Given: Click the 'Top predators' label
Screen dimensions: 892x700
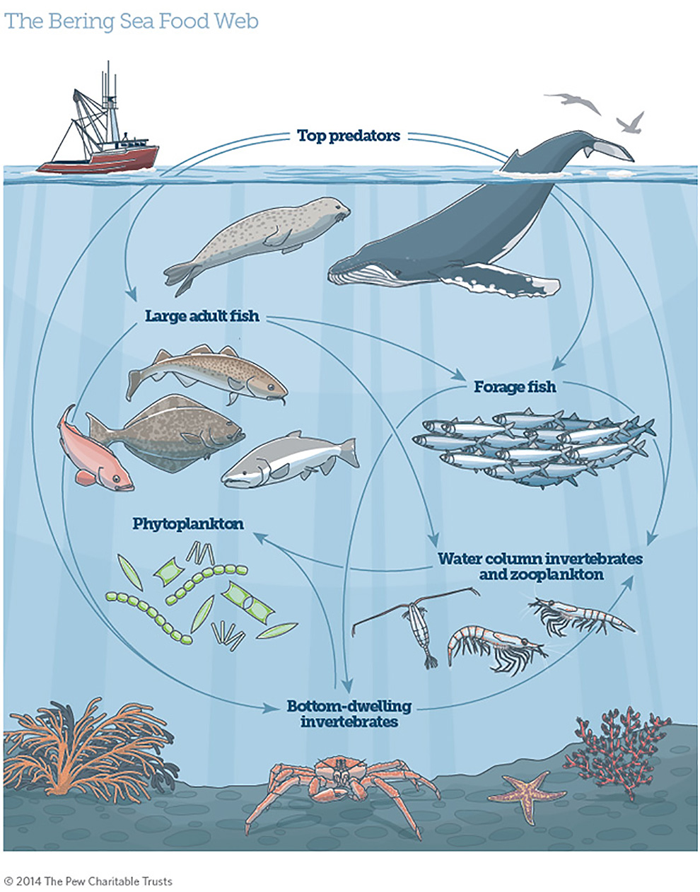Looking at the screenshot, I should pyautogui.click(x=349, y=135).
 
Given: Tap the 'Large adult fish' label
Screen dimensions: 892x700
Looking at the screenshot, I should pyautogui.click(x=202, y=315).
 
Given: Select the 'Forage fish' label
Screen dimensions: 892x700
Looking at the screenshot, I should pyautogui.click(x=515, y=387).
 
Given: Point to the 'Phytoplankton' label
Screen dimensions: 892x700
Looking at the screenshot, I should pyautogui.click(x=188, y=524).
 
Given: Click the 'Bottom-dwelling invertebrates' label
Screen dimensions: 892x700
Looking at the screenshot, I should pyautogui.click(x=349, y=714).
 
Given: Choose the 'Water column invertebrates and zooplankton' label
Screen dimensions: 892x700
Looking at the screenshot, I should pyautogui.click(x=541, y=566).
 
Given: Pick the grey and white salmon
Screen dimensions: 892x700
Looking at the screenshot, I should pyautogui.click(x=290, y=461).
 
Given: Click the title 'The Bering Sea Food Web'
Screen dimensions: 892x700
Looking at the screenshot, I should pyautogui.click(x=132, y=21).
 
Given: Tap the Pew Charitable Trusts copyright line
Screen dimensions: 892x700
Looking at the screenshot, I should pyautogui.click(x=88, y=881).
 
